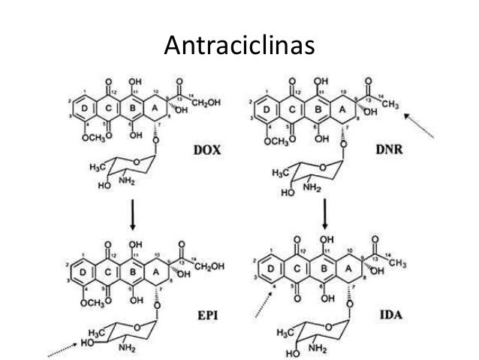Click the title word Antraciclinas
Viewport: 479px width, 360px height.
click(239, 47)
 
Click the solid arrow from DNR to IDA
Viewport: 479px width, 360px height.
click(326, 213)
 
